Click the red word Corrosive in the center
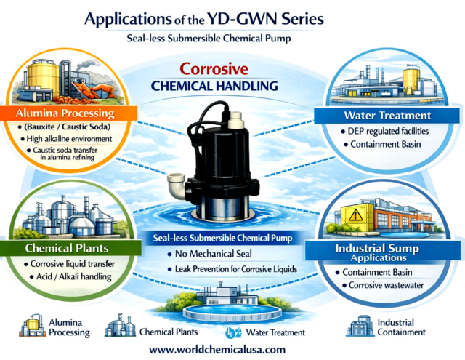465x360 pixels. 214,69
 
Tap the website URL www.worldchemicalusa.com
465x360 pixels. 217,349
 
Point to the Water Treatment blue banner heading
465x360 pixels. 387,115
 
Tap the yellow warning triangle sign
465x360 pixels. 356,215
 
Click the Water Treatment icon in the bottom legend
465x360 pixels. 233,332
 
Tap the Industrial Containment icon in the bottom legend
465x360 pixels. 360,326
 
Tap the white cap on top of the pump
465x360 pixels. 235,119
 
